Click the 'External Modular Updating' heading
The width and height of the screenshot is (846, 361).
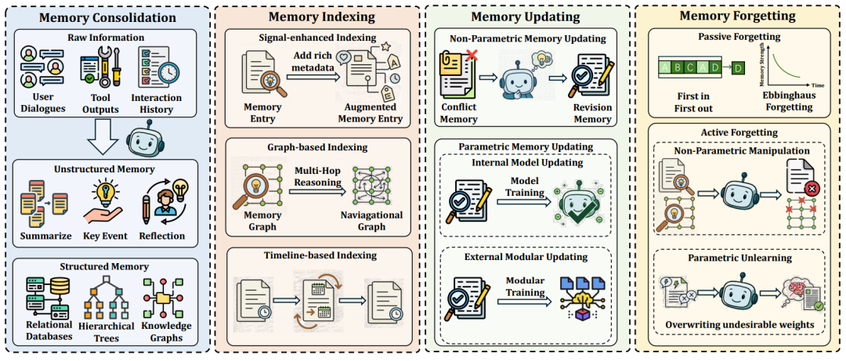526,257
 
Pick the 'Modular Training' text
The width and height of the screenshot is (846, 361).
524,287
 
